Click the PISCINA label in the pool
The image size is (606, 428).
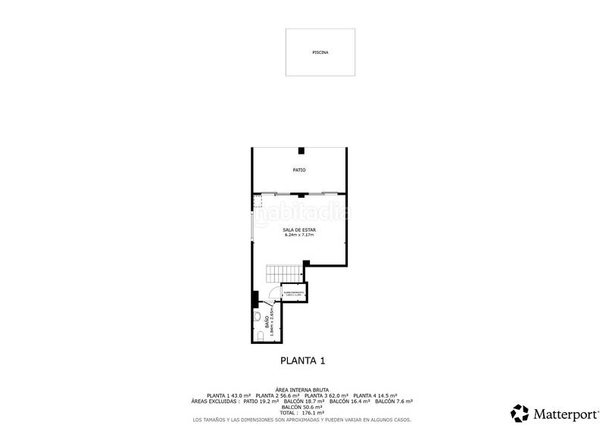(320, 53)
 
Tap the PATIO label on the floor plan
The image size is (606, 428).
(300, 170)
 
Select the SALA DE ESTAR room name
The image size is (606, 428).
(299, 230)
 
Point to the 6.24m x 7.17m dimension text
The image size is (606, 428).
(299, 235)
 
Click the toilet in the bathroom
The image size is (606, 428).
(259, 335)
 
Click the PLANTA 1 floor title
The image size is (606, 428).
(303, 361)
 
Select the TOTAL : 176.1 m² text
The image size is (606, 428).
(302, 412)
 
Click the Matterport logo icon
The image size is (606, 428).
(520, 413)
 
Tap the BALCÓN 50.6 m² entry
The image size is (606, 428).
(302, 407)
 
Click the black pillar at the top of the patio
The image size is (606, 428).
(301, 150)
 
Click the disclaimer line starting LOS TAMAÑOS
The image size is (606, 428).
(302, 419)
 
